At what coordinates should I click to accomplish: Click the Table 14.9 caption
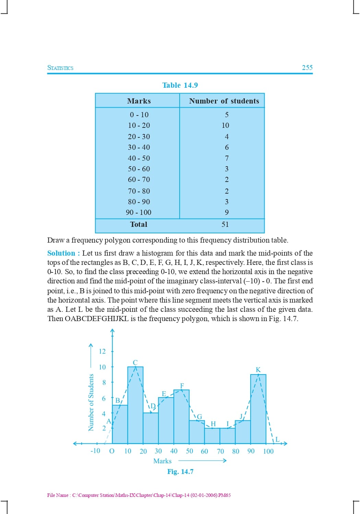[180, 85]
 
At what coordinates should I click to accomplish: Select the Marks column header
[139, 101]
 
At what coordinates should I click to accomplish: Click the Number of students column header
[224, 101]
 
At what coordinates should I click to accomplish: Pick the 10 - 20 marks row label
[139, 125]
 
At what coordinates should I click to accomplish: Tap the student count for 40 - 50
[227, 158]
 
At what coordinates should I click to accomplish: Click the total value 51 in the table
[225, 224]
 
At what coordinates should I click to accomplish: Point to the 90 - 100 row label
[139, 212]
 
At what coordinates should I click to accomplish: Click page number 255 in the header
[307, 68]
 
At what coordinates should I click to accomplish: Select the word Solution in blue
[61, 253]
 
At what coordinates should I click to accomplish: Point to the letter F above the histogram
[182, 386]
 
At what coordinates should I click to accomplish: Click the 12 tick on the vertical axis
[102, 351]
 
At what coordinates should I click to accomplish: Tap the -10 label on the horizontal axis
[95, 451]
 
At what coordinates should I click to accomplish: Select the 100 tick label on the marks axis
[268, 451]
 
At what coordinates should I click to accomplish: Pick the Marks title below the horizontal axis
[163, 461]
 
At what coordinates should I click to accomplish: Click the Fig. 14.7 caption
[180, 472]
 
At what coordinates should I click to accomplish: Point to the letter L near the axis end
[278, 439]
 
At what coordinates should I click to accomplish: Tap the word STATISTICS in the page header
[60, 68]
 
